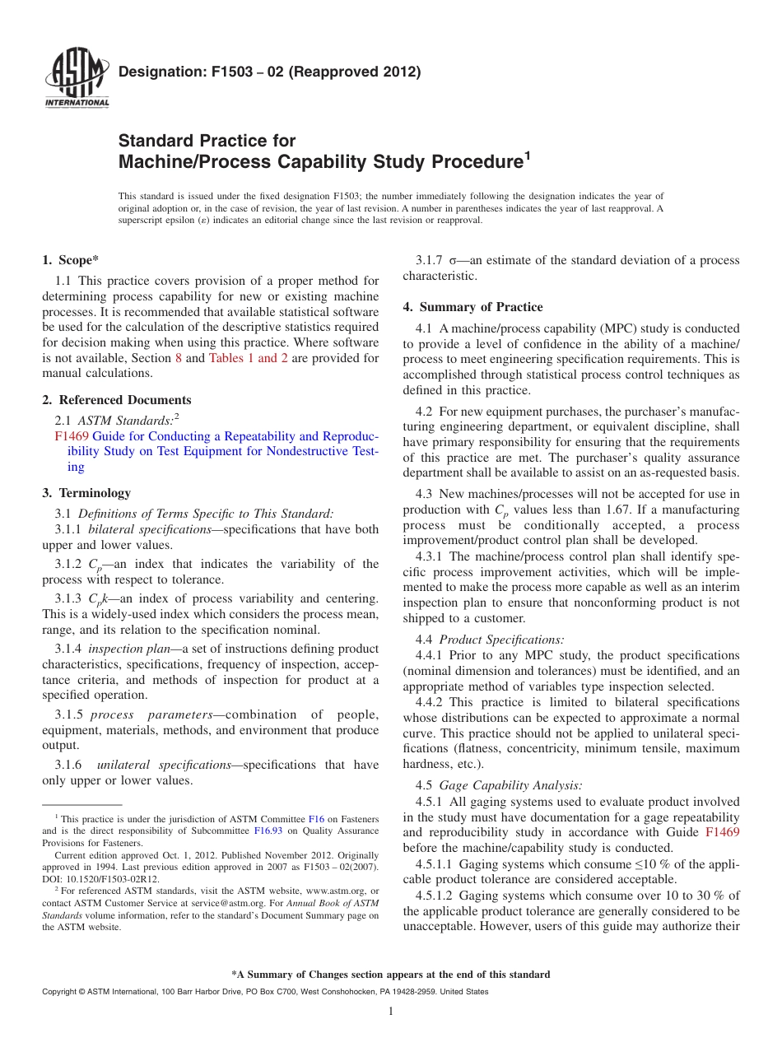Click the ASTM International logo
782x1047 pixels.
click(77, 79)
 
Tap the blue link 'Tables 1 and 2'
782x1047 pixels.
click(248, 358)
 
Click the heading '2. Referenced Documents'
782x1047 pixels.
click(117, 400)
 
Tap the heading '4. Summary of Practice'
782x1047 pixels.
click(472, 307)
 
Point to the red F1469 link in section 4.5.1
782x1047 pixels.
click(722, 832)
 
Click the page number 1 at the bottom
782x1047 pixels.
click(390, 1012)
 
